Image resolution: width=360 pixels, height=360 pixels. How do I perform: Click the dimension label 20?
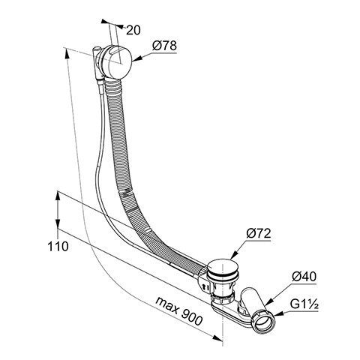[x=133, y=30]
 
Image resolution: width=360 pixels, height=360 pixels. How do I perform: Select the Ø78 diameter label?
[x=164, y=46]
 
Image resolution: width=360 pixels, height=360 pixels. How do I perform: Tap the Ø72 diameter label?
[x=259, y=233]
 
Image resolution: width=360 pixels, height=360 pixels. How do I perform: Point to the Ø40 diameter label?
[x=304, y=277]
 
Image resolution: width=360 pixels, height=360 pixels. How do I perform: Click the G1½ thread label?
[x=304, y=304]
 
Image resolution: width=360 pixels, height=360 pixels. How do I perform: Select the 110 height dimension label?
[x=58, y=247]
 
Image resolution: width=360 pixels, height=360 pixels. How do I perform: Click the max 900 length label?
[x=178, y=310]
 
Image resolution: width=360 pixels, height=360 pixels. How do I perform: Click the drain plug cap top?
[x=220, y=266]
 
